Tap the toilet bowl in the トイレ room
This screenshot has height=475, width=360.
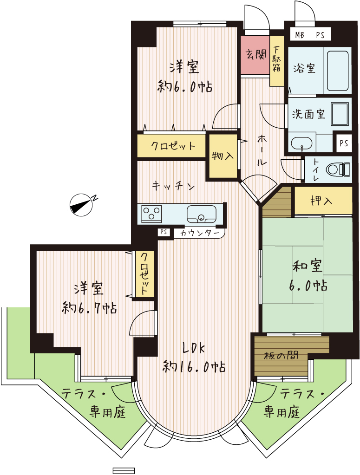[x=338, y=169]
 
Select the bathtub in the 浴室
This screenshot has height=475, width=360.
[x=337, y=71]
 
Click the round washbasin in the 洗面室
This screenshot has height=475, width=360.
[x=301, y=143]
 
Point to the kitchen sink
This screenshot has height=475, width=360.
[x=201, y=214]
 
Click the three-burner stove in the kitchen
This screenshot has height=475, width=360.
[x=152, y=214]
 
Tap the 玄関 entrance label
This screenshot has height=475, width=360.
[x=255, y=54]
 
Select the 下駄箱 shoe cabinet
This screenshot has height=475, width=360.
[x=277, y=60]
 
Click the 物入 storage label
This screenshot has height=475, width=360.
[x=223, y=156]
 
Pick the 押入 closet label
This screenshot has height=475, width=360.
[x=321, y=201]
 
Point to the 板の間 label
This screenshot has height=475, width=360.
[x=281, y=355]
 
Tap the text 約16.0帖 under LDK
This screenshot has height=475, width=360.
[x=194, y=367]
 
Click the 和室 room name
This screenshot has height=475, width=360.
[x=307, y=266]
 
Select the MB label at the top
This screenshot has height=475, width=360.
[x=300, y=35]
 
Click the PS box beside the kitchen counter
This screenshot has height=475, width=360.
[x=164, y=232]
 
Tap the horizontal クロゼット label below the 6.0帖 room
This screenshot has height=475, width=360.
[x=173, y=146]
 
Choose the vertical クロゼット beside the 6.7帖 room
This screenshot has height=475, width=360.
[x=145, y=274]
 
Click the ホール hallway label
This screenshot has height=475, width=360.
[x=261, y=150]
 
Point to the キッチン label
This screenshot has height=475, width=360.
[x=173, y=186]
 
